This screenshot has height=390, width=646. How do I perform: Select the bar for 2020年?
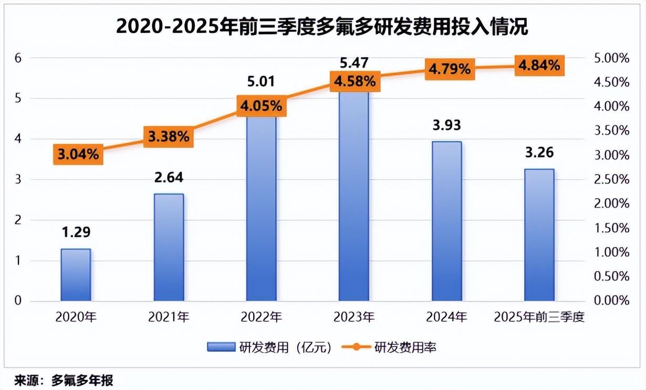click(76, 275)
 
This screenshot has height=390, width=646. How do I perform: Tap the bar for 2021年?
click(169, 247)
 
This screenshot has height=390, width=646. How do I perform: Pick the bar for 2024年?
click(446, 221)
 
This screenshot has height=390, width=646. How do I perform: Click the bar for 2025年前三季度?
click(539, 235)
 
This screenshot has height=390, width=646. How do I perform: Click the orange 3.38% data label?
click(169, 137)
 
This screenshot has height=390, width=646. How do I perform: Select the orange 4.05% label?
click(261, 106)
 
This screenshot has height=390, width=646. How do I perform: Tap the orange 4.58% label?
click(353, 81)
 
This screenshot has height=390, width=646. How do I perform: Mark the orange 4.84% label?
click(539, 66)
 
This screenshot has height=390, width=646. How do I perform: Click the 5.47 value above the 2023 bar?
click(354, 63)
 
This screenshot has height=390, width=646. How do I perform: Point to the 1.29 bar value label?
click(76, 232)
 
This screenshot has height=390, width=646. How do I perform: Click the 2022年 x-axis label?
click(261, 317)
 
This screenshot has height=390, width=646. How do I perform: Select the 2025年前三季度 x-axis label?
click(539, 317)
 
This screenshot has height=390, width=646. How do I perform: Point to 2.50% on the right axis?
click(611, 179)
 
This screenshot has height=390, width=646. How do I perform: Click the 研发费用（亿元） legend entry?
click(269, 348)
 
